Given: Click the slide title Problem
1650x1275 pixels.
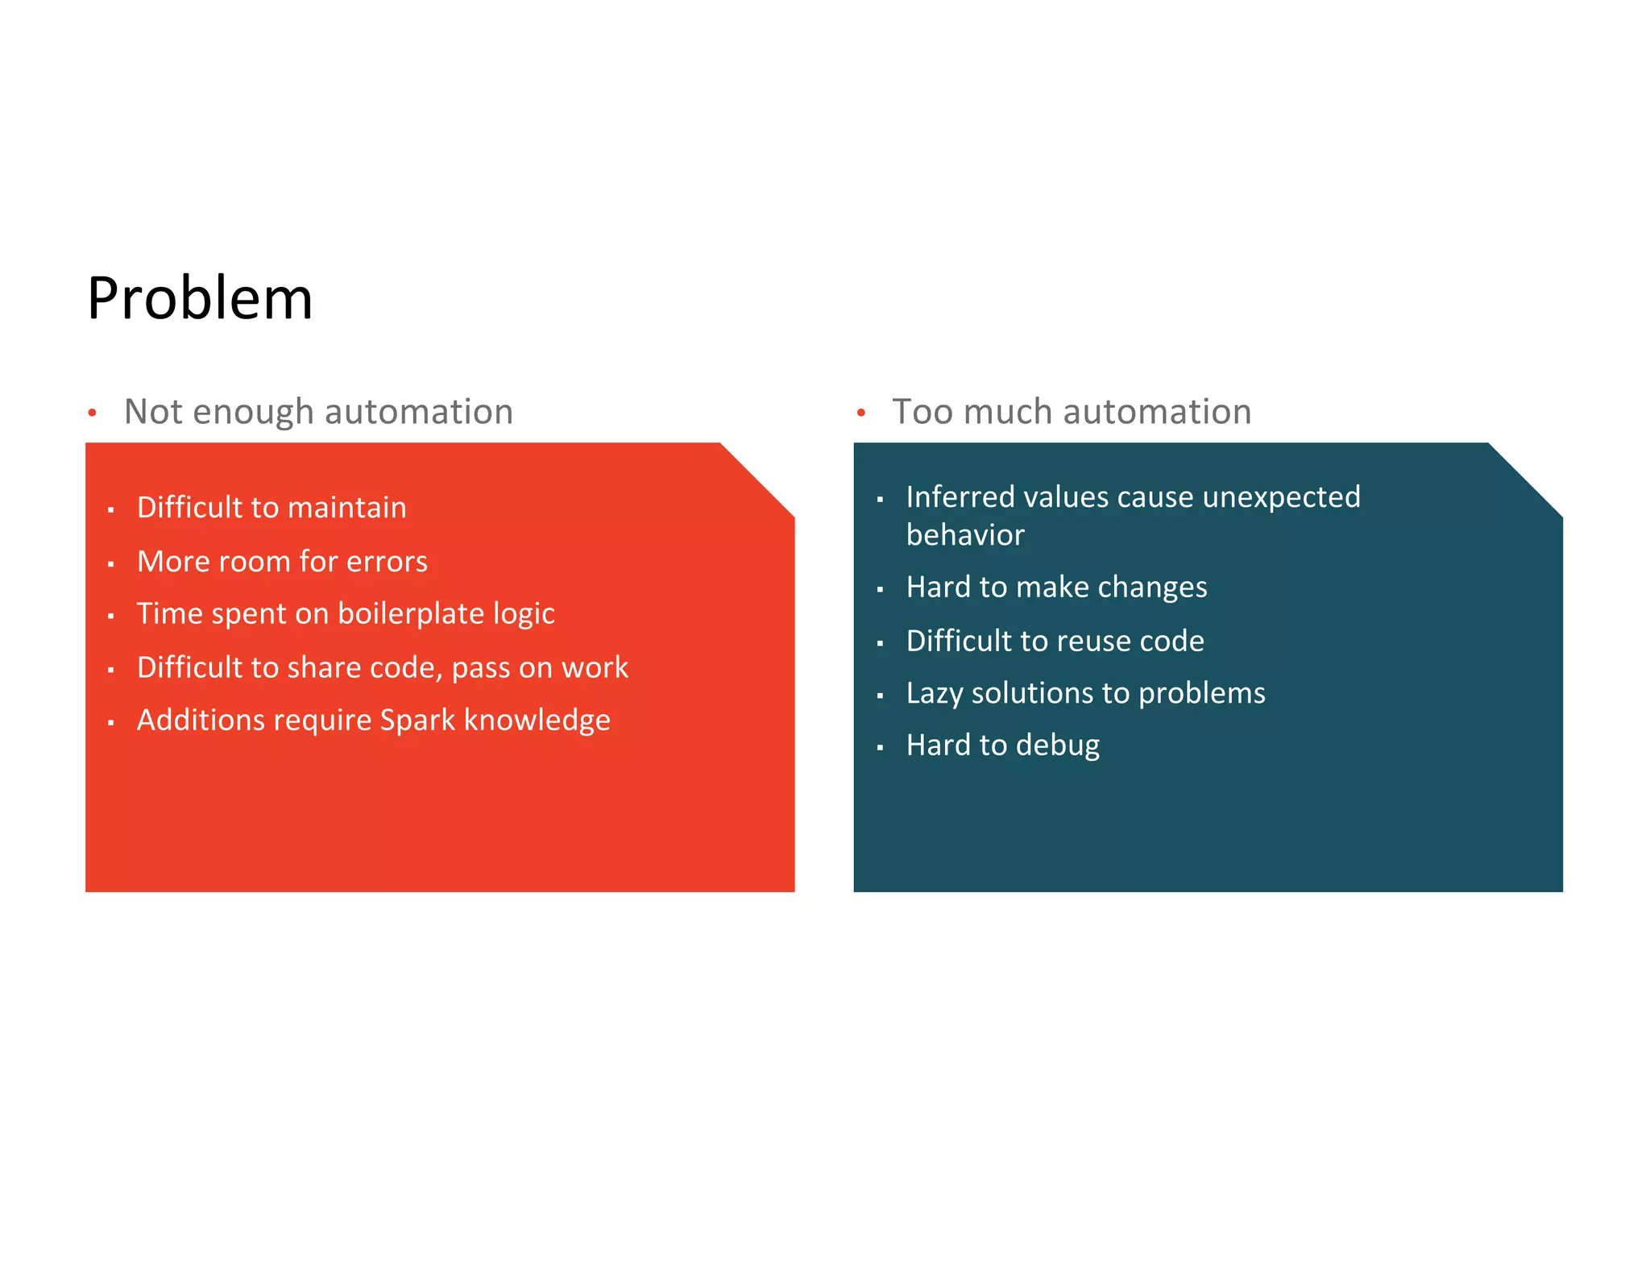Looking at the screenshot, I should click(200, 298).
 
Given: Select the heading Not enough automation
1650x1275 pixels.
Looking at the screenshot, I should click(318, 412).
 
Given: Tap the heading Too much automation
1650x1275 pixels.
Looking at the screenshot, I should click(1071, 412).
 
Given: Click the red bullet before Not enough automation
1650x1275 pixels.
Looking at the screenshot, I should click(93, 413).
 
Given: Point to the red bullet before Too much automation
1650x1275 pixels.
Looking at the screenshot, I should click(861, 413).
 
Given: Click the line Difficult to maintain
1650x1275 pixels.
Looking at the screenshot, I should click(272, 508).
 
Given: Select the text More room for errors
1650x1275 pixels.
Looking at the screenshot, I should click(282, 561).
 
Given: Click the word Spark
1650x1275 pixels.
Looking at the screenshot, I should click(417, 721).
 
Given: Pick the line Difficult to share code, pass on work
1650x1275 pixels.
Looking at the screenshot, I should click(382, 667).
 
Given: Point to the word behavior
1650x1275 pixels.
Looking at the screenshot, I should click(965, 535).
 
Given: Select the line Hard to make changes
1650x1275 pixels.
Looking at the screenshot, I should click(1056, 588).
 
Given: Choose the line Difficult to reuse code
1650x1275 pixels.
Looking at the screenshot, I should click(1055, 642).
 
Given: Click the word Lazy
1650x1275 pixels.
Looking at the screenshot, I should click(934, 694).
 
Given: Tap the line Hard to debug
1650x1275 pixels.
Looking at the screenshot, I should click(1002, 745).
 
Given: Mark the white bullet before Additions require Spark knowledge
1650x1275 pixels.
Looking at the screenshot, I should click(111, 723).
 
